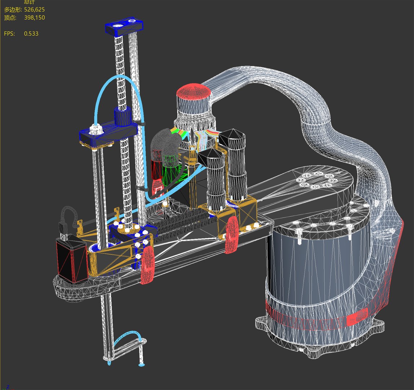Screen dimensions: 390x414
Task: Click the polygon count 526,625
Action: (x=34, y=10)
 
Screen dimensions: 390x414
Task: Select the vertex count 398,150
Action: (x=34, y=17)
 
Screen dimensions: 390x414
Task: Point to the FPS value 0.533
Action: (x=31, y=34)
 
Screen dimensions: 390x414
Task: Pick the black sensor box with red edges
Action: (x=71, y=259)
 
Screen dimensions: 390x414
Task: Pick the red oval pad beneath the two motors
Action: (x=231, y=235)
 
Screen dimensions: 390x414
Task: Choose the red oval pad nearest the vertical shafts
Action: (x=148, y=265)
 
